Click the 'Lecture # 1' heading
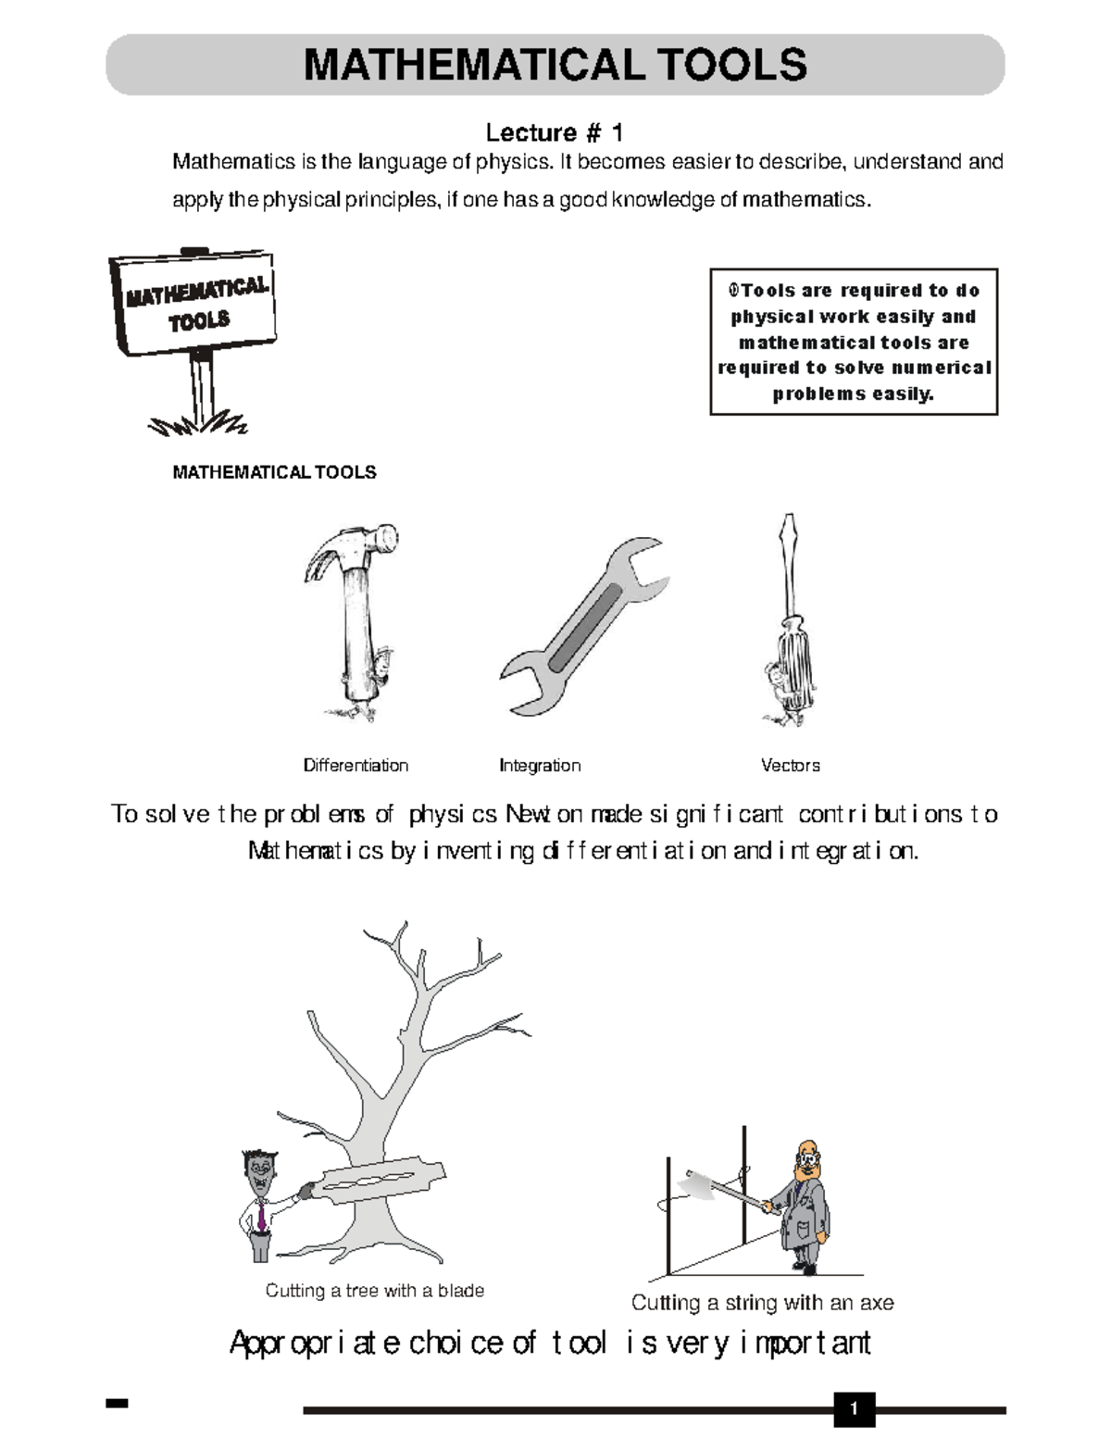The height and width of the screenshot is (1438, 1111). [555, 133]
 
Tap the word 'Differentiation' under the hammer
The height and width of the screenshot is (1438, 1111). [356, 766]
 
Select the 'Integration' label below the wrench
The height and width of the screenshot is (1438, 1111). [540, 766]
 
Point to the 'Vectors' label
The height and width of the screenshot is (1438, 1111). [791, 766]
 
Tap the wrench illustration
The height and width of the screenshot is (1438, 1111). [583, 626]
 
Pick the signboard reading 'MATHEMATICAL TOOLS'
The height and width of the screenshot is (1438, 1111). [193, 303]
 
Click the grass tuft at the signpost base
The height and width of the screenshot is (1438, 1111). [198, 423]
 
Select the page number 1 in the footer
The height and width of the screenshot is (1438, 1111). [855, 1408]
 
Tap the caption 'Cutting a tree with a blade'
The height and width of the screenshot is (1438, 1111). [375, 1291]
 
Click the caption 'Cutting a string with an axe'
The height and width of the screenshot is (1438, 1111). [762, 1303]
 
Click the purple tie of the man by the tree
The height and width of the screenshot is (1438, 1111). [262, 1214]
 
